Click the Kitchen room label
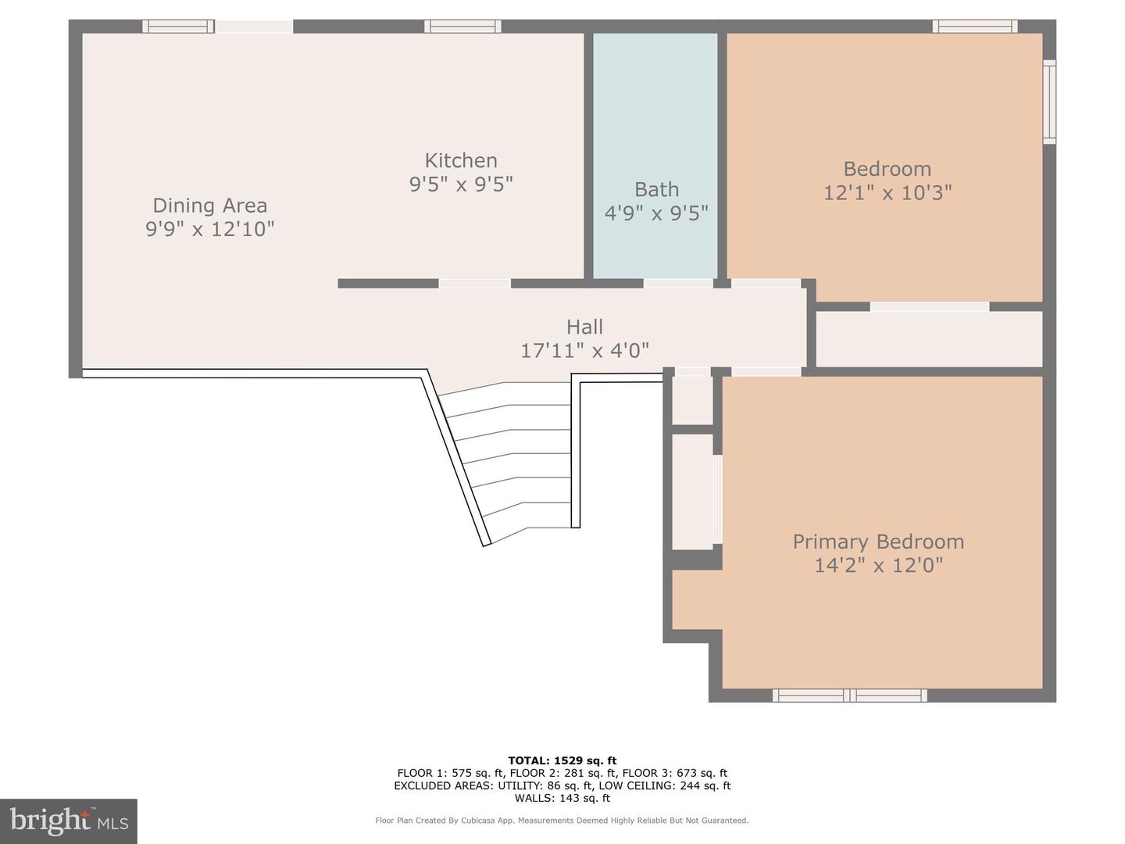click(460, 160)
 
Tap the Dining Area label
click(209, 206)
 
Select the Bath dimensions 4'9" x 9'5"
click(656, 213)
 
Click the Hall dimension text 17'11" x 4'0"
click(584, 350)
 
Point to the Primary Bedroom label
click(878, 542)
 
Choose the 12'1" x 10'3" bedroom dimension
click(887, 192)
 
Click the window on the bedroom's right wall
click(1049, 102)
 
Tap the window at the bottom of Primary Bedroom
click(849, 695)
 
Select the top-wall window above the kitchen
click(462, 27)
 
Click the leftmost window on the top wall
click(178, 27)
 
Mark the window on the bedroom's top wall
click(974, 27)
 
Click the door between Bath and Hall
click(677, 283)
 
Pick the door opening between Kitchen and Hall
click(474, 283)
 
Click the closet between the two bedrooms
click(929, 338)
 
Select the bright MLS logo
click(69, 821)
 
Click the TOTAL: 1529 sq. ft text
click(562, 760)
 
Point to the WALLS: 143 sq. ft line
click(562, 798)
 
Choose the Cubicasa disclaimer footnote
click(562, 821)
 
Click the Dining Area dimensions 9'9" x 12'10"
click(209, 229)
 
